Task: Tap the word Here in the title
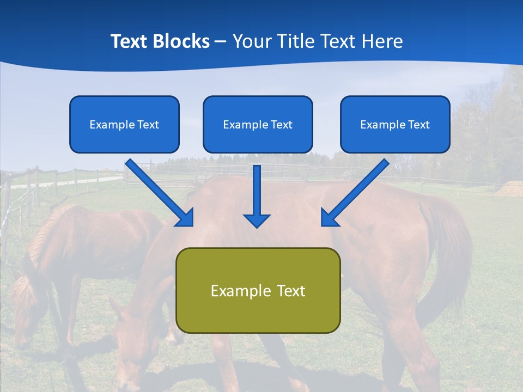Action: coord(383,41)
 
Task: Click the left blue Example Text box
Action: coord(124,124)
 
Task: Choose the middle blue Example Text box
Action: coord(258,124)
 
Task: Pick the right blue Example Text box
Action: coord(395,124)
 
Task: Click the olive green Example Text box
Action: coord(258,290)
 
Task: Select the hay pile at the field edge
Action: coord(510,188)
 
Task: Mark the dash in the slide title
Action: coord(221,42)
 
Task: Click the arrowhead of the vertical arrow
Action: coord(257,220)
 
